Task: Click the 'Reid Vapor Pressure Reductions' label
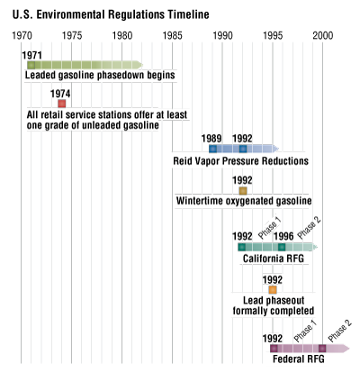pos(241,161)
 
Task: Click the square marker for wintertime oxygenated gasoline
pos(242,190)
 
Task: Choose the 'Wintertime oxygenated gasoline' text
pos(244,201)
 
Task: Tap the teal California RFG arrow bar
pos(275,247)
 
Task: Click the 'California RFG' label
pos(275,259)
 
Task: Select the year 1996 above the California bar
pos(281,236)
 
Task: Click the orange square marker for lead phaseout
pos(272,289)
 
